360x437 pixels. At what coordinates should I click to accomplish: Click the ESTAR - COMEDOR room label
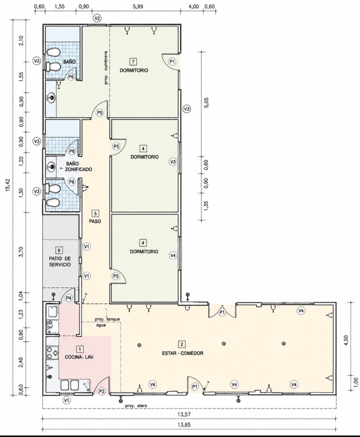pos(182,353)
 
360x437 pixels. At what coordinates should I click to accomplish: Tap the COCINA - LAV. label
pos(79,357)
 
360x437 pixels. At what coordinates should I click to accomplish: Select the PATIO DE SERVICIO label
pos(60,262)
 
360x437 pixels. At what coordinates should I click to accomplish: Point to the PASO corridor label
pos(95,221)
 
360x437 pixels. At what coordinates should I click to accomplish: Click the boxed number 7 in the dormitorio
pos(134,61)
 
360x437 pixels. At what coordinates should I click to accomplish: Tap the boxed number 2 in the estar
pos(182,344)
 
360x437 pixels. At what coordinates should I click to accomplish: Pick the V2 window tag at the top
pos(97,18)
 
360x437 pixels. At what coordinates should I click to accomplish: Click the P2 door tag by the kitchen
pos(102,391)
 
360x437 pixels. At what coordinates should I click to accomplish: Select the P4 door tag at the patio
pos(69,298)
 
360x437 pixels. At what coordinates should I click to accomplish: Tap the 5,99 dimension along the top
pos(138,6)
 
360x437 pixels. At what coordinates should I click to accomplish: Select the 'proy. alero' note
pos(136,406)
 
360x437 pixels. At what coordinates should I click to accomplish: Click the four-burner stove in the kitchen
pos(53,352)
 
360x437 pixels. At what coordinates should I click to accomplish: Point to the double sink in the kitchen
pos(70,385)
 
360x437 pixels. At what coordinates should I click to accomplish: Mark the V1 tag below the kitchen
pos(66,400)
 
